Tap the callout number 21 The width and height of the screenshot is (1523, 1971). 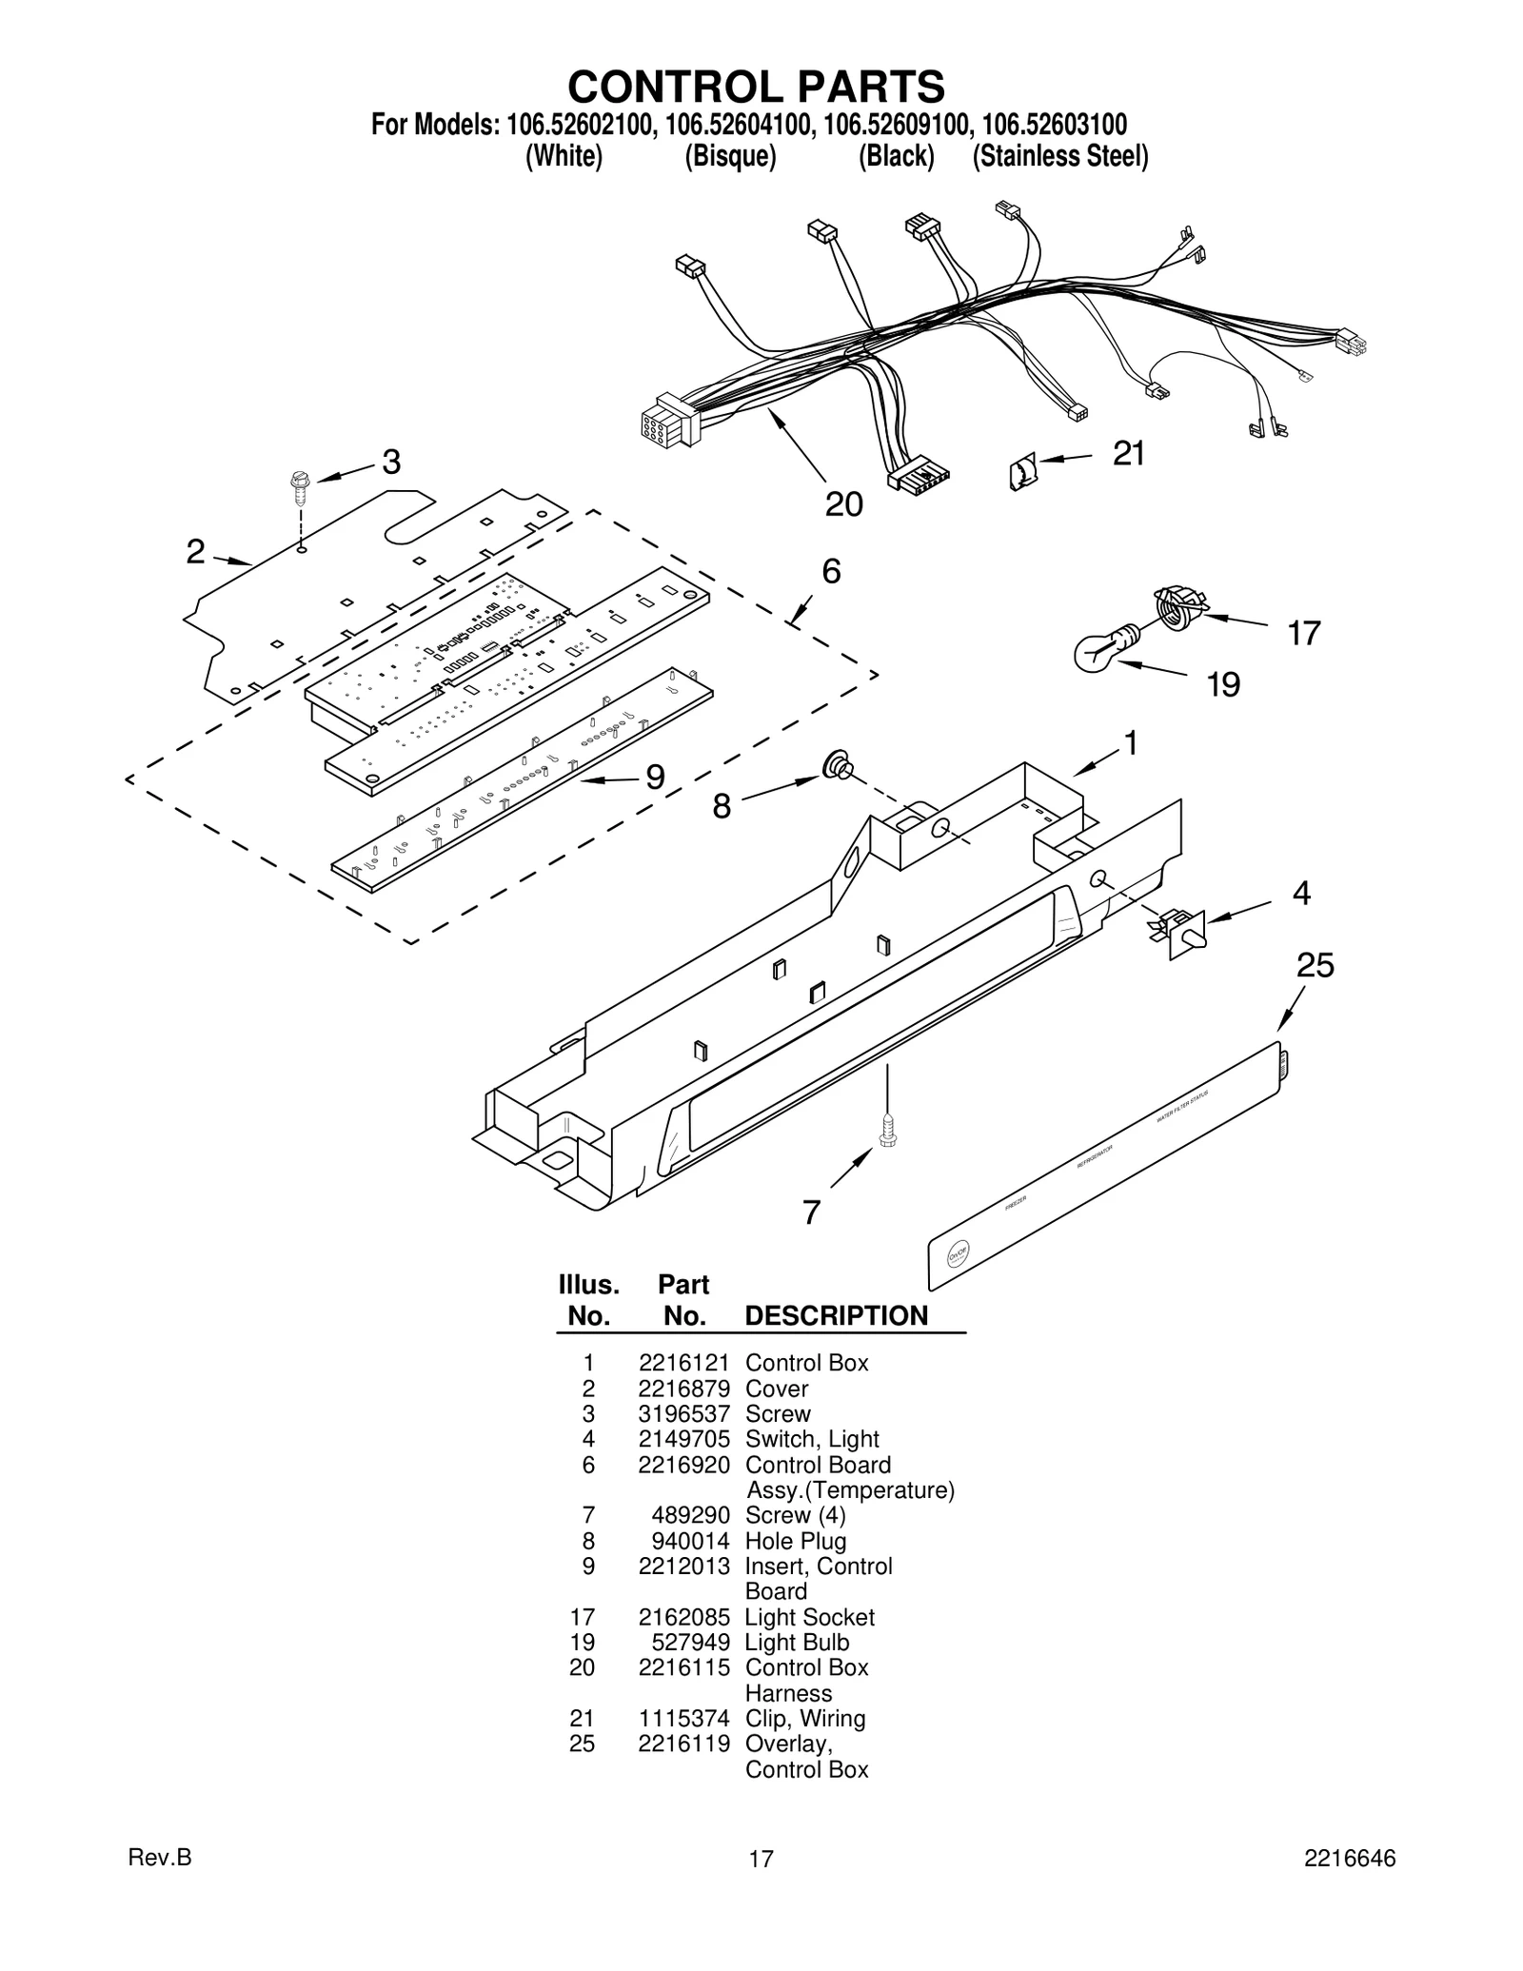click(x=1129, y=454)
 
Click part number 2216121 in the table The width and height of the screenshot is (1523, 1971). click(x=683, y=1363)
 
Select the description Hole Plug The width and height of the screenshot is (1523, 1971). click(x=795, y=1541)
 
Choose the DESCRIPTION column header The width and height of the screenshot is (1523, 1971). click(x=836, y=1316)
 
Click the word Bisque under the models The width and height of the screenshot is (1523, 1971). click(x=730, y=156)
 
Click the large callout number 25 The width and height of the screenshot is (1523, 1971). click(x=1315, y=966)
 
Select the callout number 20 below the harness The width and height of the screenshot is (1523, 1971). click(x=843, y=504)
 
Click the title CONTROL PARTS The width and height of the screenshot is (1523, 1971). click(x=756, y=87)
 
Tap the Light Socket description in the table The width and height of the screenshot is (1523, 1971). click(x=809, y=1617)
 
